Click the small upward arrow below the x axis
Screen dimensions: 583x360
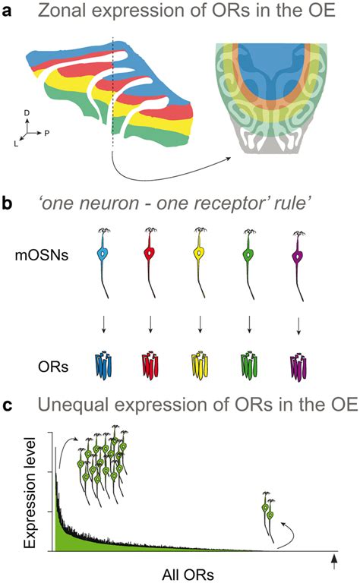[x=335, y=561]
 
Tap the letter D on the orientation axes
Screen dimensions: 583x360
[x=27, y=112]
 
